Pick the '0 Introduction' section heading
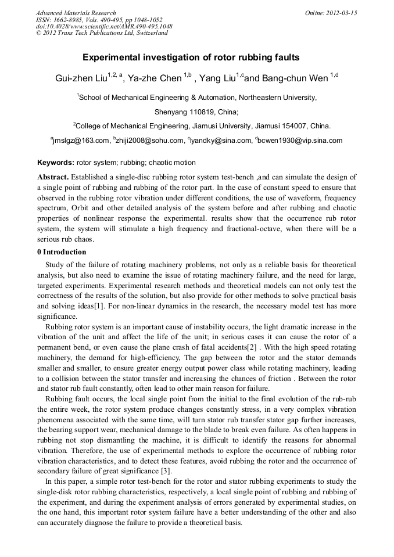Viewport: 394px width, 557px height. coord(62,252)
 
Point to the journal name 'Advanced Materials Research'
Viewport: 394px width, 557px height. coord(76,13)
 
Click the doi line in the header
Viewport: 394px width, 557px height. coord(103,26)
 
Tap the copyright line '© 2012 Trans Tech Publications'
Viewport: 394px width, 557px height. coord(102,33)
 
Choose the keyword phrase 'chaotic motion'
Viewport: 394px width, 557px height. coord(173,163)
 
